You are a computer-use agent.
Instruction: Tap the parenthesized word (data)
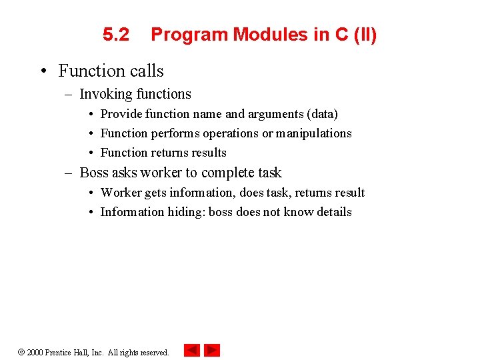(322, 114)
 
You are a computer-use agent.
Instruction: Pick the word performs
(175, 133)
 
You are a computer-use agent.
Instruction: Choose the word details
(333, 212)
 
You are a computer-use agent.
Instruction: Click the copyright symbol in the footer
(21, 352)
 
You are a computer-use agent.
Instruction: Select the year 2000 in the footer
(35, 352)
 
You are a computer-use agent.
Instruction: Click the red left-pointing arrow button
(191, 350)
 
